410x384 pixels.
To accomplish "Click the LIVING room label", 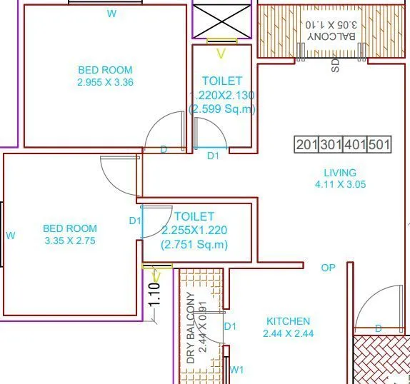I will click(x=340, y=173).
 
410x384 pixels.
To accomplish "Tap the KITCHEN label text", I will click(x=289, y=321).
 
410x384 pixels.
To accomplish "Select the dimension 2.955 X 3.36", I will click(x=106, y=82).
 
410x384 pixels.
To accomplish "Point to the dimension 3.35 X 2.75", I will click(x=70, y=241).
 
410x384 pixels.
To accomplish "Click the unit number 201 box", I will click(x=307, y=145).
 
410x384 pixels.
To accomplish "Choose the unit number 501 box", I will click(x=379, y=145).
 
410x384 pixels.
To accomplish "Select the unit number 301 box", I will click(x=331, y=145).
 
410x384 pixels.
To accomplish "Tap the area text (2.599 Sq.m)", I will click(x=222, y=109).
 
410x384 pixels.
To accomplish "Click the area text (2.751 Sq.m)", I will click(x=194, y=244).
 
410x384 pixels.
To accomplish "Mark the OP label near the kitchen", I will click(x=328, y=268).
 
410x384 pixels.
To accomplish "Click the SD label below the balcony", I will click(x=334, y=66).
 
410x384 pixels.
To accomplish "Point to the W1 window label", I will click(x=237, y=370).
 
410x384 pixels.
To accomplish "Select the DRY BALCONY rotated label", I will click(x=191, y=328).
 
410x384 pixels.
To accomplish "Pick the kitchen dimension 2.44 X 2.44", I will click(x=289, y=333).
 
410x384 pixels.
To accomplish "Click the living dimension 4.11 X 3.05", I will click(x=340, y=184).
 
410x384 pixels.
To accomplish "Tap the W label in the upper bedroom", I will click(x=111, y=14).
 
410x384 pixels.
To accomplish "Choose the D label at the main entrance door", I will click(x=379, y=328).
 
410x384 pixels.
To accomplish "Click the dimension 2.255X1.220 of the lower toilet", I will click(x=194, y=230).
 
